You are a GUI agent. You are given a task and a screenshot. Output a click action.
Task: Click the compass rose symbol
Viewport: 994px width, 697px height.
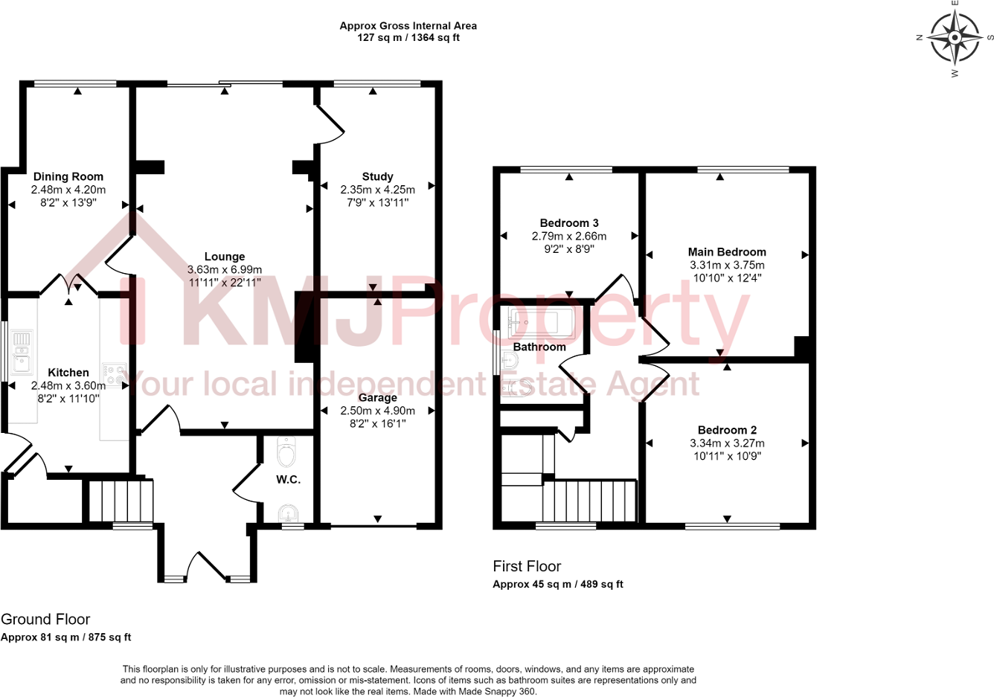click(x=955, y=37)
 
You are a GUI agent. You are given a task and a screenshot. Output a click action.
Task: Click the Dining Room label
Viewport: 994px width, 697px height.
click(x=68, y=176)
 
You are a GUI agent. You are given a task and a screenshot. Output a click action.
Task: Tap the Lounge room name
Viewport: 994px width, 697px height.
click(x=224, y=257)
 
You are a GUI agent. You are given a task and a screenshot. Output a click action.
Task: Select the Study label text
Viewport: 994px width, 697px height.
click(x=377, y=176)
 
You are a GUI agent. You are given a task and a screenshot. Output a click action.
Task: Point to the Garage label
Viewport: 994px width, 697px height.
click(x=377, y=397)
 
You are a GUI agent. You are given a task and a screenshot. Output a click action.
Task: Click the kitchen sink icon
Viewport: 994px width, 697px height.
click(x=21, y=351)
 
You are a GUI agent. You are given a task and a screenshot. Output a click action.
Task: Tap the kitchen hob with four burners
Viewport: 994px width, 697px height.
click(x=114, y=374)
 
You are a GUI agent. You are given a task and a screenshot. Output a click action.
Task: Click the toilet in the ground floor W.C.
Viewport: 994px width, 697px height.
click(x=286, y=451)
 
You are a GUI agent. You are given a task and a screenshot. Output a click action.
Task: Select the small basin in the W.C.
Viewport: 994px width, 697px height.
click(x=287, y=513)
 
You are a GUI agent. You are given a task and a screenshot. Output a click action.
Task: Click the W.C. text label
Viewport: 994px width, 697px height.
click(x=288, y=480)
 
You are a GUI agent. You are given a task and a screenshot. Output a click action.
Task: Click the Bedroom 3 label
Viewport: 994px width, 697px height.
click(x=568, y=223)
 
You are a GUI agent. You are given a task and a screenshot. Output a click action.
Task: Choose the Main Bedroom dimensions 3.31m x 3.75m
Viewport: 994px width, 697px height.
click(x=726, y=265)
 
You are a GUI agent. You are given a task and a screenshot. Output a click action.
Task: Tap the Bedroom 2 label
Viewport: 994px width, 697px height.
click(x=727, y=430)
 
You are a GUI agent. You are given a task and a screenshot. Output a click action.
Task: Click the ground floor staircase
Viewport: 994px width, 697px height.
click(x=121, y=501)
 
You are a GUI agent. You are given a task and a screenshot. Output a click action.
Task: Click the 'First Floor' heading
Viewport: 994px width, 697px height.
click(x=527, y=566)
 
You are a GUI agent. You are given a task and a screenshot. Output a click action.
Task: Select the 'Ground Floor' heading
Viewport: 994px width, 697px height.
click(x=45, y=619)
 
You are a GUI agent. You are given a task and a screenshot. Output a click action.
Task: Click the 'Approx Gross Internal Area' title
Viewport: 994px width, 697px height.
click(x=408, y=25)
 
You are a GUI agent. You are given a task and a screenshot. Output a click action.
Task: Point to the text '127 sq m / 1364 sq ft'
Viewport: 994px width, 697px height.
click(x=408, y=37)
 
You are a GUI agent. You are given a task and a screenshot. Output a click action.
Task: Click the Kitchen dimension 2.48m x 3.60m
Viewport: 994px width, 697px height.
click(x=68, y=385)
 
